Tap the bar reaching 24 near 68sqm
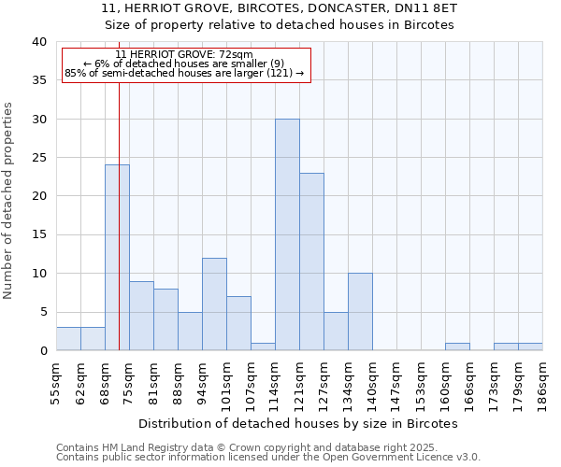point(117,258)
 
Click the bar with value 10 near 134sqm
point(360,312)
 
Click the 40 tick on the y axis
point(39,42)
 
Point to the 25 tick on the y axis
point(39,158)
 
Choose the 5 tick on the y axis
point(43,312)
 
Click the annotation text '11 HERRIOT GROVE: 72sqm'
point(184,55)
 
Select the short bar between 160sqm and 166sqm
point(457,347)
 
